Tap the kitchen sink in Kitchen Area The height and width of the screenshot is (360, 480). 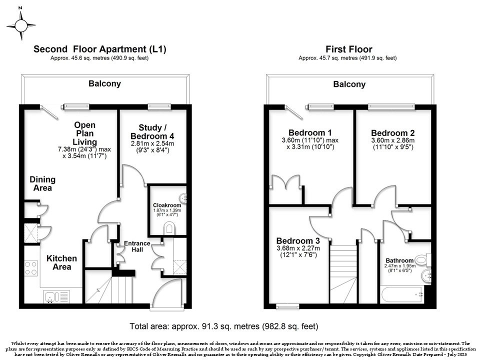coord(57,296)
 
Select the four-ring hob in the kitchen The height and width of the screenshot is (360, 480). coord(31,268)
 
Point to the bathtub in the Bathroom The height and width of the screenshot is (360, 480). coord(402,294)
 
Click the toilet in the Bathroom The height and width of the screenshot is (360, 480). coord(423,260)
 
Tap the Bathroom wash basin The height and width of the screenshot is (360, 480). coord(426,276)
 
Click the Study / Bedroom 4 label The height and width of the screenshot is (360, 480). coord(152,131)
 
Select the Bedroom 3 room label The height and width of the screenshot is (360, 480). coord(298,240)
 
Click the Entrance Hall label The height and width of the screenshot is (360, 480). coord(137,246)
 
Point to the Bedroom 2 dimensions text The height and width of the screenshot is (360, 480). coord(393,143)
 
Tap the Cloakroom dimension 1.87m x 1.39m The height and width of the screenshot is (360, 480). coord(167,210)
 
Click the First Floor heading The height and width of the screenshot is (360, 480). coord(348,49)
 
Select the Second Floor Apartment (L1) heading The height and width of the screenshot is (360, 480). coord(100,49)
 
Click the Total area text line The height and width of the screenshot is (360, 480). coord(224,326)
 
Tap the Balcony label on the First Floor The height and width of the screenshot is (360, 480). coord(349,84)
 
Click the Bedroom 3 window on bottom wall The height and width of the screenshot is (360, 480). coord(287,306)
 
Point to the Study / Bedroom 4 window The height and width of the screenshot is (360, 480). coord(159,106)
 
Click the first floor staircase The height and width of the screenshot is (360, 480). coord(343,274)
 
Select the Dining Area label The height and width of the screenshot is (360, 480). coord(42,183)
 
